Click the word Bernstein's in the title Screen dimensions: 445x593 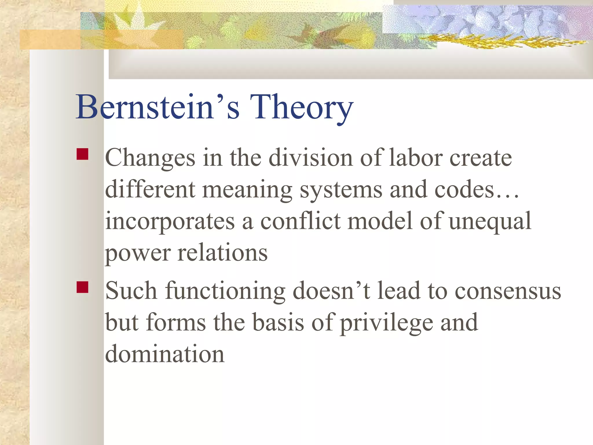tap(158, 107)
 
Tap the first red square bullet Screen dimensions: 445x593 tap(83, 154)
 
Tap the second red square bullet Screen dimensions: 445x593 tap(83, 287)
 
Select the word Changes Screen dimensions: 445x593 tap(150, 158)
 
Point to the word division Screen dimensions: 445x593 tap(310, 158)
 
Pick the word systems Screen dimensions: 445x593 tap(341, 190)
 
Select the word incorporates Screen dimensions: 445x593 tap(170, 222)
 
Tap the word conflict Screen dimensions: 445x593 tap(300, 221)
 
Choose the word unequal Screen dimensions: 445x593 tap(490, 222)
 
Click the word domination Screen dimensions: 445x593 tap(165, 354)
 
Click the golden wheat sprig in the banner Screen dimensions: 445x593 tap(504, 42)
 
